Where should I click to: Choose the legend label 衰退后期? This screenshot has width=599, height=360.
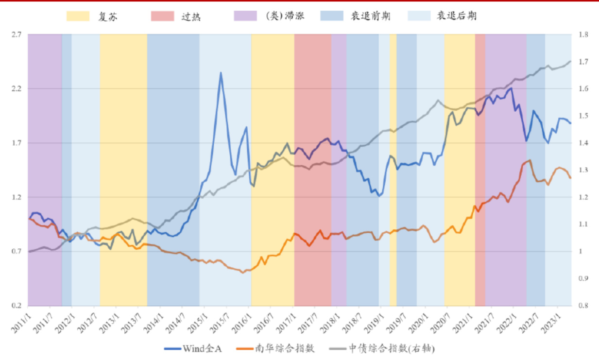coord(456,17)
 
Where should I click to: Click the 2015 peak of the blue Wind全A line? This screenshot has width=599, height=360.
coord(221,73)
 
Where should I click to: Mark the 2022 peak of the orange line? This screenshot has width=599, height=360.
coord(529,160)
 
